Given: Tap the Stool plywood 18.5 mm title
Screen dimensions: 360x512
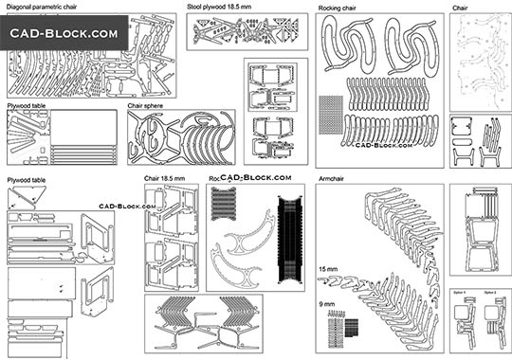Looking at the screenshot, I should tap(220, 7).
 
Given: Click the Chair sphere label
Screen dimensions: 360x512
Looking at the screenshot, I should tap(150, 106).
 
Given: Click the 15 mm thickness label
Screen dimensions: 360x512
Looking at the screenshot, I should tap(327, 270).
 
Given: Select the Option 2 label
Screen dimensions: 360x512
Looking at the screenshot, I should tap(490, 292).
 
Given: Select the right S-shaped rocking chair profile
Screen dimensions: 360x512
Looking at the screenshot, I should tap(410, 51).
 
